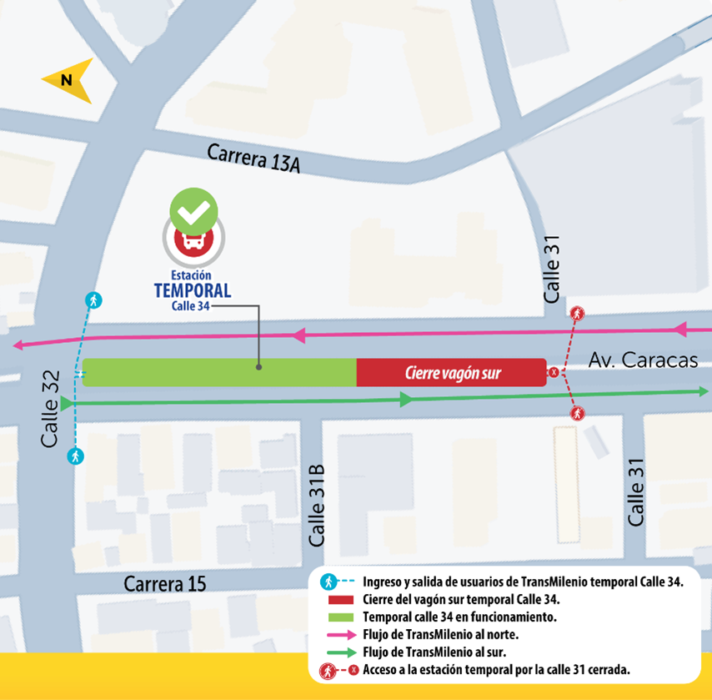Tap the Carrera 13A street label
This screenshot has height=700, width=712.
tap(253, 158)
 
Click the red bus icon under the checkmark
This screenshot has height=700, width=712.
tap(193, 241)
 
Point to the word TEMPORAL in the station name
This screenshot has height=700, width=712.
tap(193, 290)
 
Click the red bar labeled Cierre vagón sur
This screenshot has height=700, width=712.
tap(452, 373)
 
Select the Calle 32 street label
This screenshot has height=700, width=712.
tap(51, 408)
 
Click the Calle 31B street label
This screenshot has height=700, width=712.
tap(317, 506)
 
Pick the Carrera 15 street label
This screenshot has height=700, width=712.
tap(165, 583)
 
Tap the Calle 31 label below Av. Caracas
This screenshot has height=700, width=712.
tap(636, 492)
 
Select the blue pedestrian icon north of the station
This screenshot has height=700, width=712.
tap(93, 300)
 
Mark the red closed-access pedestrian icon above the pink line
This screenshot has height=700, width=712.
tap(577, 314)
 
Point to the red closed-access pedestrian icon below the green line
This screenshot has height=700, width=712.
tap(577, 413)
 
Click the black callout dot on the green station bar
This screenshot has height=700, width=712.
tap(259, 366)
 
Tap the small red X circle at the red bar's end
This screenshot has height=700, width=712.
tap(553, 372)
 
